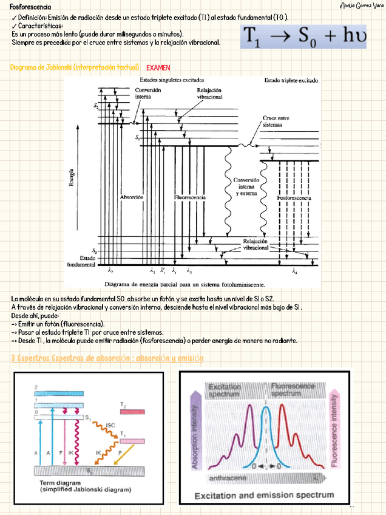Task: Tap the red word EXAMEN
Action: (x=158, y=67)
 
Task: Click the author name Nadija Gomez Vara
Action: (x=361, y=6)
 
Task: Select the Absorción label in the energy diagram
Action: (x=132, y=197)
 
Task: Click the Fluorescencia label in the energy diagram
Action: (x=189, y=197)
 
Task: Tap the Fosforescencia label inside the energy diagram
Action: (x=294, y=198)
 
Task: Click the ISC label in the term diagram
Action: (x=110, y=425)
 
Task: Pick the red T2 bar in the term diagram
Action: (x=132, y=412)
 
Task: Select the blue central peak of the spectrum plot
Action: (x=265, y=425)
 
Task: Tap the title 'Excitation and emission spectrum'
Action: (x=264, y=496)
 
